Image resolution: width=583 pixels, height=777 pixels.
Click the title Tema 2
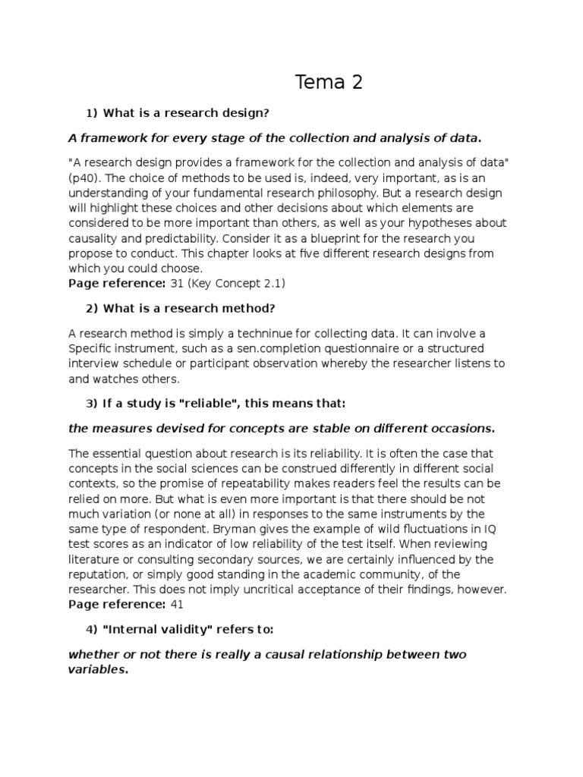[x=329, y=82]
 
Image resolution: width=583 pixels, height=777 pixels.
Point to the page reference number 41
[x=177, y=604]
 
